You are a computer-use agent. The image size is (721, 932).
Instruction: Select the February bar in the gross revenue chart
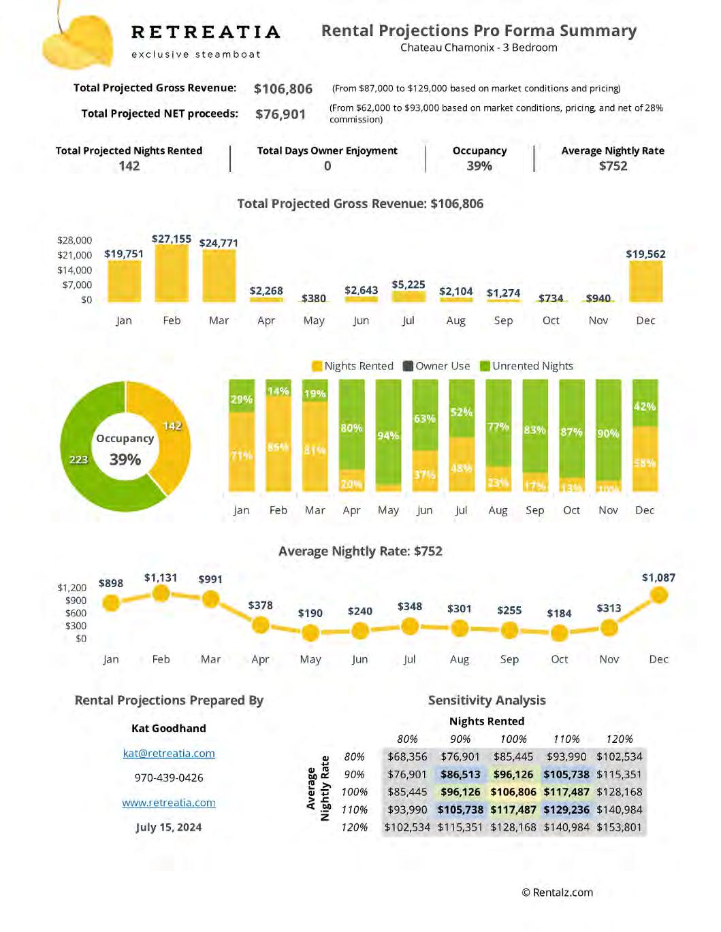pyautogui.click(x=172, y=273)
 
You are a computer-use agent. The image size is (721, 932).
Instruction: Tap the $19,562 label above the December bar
pyautogui.click(x=645, y=254)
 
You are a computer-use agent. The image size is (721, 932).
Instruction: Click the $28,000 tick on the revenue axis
pyautogui.click(x=74, y=240)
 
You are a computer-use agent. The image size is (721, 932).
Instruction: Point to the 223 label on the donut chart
pyautogui.click(x=78, y=459)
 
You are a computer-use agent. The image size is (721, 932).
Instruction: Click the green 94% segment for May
pyautogui.click(x=388, y=432)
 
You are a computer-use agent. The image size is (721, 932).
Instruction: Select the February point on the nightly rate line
pyautogui.click(x=161, y=594)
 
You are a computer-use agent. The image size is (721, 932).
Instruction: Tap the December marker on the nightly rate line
pyautogui.click(x=658, y=595)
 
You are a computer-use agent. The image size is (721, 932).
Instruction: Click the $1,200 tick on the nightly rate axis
pyautogui.click(x=71, y=588)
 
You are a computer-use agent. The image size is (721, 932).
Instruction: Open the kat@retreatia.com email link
pyautogui.click(x=169, y=753)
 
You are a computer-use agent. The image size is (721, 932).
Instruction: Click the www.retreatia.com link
pyautogui.click(x=169, y=803)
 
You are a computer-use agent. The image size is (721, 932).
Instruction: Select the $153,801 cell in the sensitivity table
pyautogui.click(x=619, y=827)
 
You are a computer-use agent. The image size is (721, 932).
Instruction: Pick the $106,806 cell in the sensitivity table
pyautogui.click(x=513, y=792)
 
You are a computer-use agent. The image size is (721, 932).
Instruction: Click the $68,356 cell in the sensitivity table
pyautogui.click(x=407, y=756)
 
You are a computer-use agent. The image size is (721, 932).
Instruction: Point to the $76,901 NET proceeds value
pyautogui.click(x=281, y=114)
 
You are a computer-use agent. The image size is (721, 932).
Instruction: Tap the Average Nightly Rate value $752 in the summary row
pyautogui.click(x=613, y=166)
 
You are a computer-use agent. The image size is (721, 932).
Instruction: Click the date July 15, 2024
pyautogui.click(x=169, y=827)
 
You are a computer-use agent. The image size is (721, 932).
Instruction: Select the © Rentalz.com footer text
pyautogui.click(x=557, y=893)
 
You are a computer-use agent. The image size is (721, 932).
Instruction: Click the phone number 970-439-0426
pyautogui.click(x=169, y=778)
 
